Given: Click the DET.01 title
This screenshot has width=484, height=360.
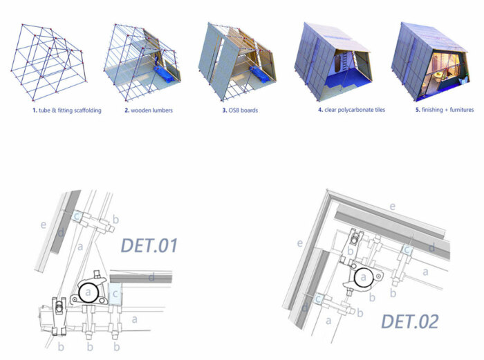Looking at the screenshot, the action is [x=149, y=245].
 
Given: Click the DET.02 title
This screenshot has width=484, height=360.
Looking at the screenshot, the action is [x=410, y=321].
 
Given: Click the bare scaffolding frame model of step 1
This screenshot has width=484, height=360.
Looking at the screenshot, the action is [x=49, y=61].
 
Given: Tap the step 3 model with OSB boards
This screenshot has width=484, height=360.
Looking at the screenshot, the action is [x=237, y=61].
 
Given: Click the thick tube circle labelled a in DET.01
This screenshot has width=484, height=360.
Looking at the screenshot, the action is [x=89, y=292].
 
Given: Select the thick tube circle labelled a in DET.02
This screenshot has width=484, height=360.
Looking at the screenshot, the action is [x=364, y=277].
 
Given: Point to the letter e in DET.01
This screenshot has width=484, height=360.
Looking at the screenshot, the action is [x=44, y=225].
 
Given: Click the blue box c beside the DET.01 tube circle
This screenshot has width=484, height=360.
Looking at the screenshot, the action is [x=115, y=294].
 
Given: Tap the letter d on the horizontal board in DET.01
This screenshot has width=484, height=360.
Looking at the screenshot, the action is [x=151, y=277].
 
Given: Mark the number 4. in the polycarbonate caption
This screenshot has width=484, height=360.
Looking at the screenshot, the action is [x=321, y=109].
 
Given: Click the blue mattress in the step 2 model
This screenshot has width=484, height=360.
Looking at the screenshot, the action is [x=167, y=75].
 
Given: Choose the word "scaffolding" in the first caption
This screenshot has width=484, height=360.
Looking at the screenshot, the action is [x=88, y=110].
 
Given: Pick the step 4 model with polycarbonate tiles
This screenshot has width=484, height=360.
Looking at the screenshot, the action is [x=333, y=61].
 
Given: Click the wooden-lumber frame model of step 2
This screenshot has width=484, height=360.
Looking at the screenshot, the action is [x=142, y=61].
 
